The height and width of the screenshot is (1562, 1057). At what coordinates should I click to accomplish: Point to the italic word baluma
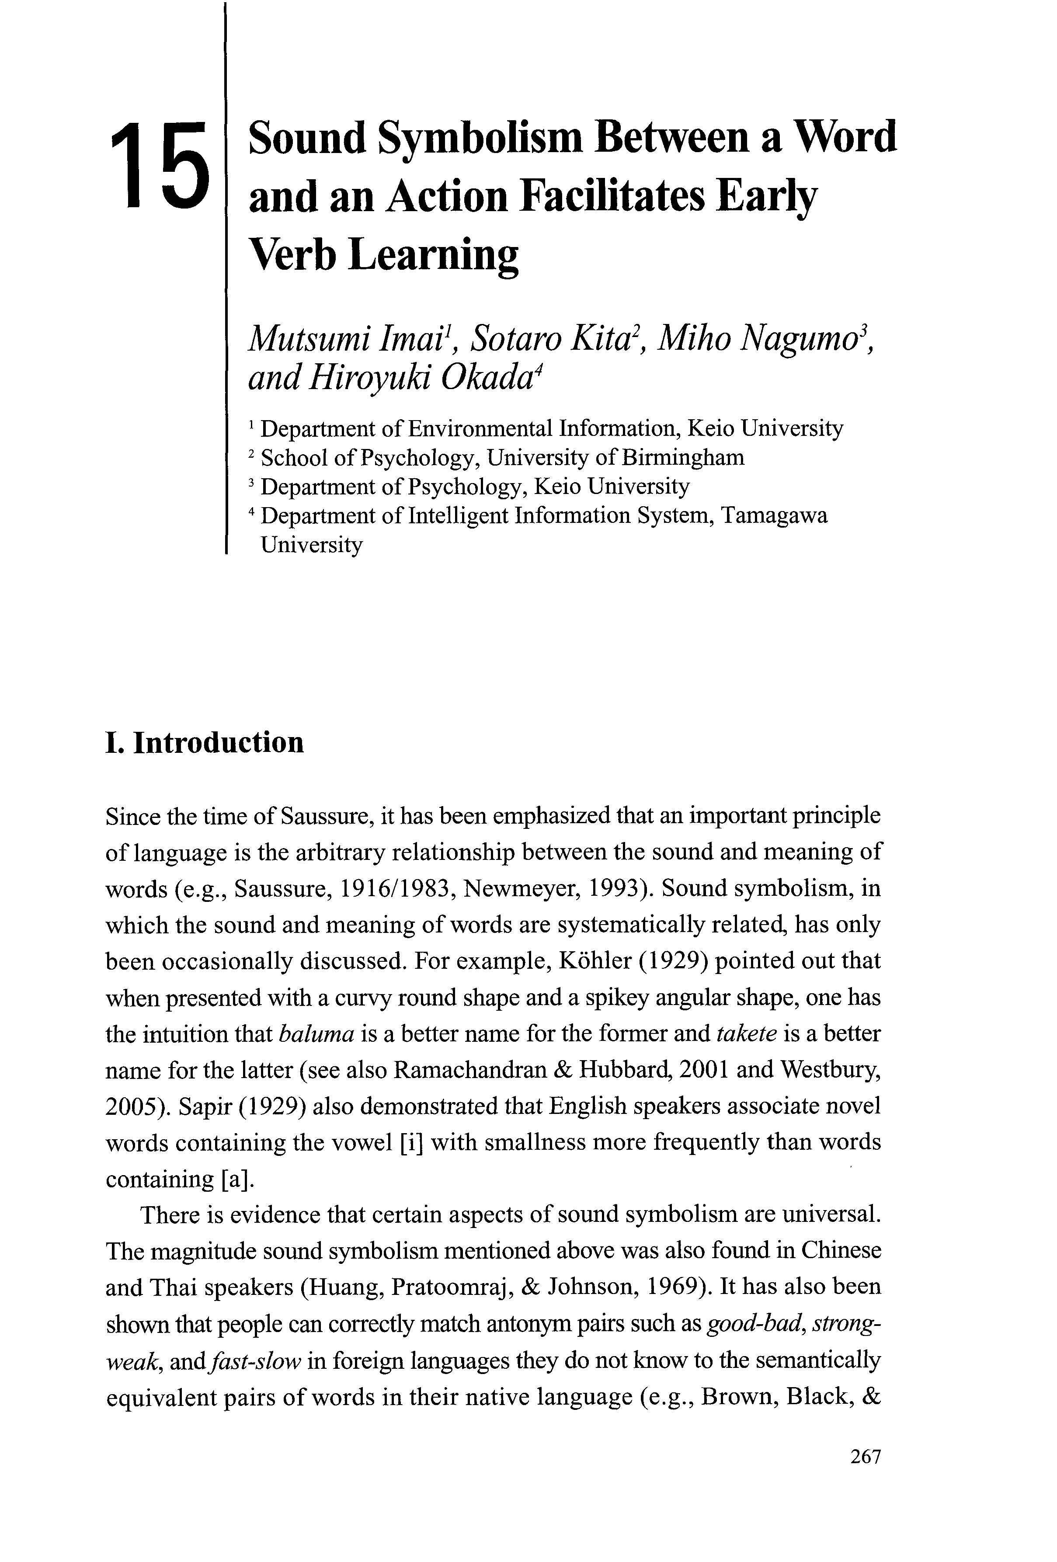coord(316,1034)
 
